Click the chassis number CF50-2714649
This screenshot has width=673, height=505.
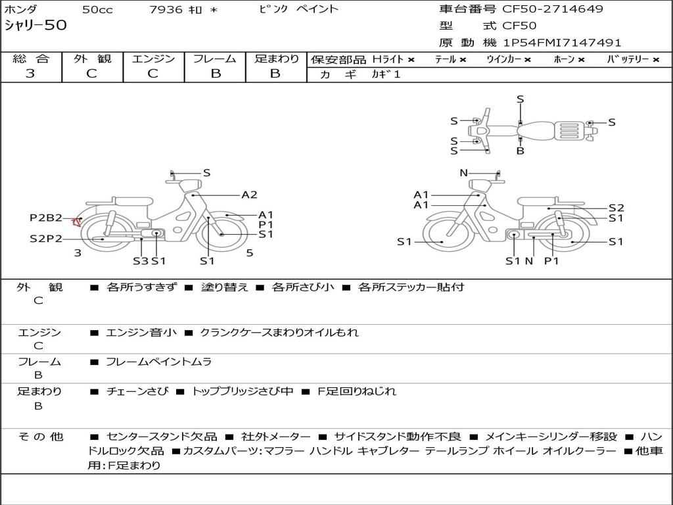[553, 9]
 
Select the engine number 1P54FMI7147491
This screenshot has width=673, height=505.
[563, 43]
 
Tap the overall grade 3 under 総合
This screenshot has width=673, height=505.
[30, 74]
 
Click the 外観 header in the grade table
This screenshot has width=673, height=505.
[92, 59]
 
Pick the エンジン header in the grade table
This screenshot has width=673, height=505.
[153, 59]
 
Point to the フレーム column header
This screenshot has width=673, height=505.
[215, 59]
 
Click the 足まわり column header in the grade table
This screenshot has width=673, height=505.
[277, 59]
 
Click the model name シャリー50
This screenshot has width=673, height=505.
[35, 25]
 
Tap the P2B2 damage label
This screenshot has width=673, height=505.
[46, 218]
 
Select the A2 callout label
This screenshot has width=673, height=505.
[249, 195]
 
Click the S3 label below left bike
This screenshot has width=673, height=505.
[141, 260]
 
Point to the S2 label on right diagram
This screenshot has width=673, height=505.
[616, 208]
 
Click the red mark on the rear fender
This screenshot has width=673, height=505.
[76, 222]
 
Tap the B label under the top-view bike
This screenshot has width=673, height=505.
[521, 151]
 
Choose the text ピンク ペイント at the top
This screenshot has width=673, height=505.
[299, 9]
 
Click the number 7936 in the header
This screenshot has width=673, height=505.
[166, 9]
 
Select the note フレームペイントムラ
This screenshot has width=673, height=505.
[159, 362]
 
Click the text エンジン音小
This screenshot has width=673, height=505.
[141, 332]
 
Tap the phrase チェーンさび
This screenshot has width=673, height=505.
[137, 391]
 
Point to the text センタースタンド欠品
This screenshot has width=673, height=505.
[162, 437]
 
